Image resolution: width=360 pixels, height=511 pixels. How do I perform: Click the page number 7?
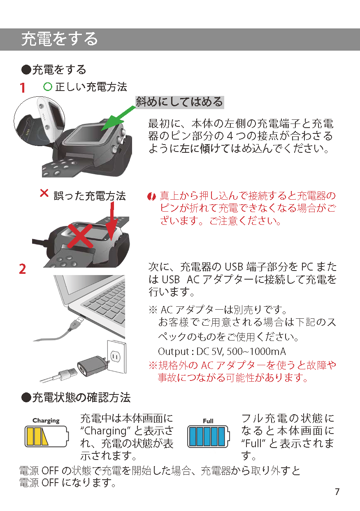pyautogui.click(x=337, y=491)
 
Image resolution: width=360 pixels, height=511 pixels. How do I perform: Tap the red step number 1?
pyautogui.click(x=22, y=88)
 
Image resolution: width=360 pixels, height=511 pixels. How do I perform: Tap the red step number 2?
pyautogui.click(x=22, y=269)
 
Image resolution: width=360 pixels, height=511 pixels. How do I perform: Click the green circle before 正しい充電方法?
pyautogui.click(x=48, y=87)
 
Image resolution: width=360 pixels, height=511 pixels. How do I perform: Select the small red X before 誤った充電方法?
pyautogui.click(x=44, y=193)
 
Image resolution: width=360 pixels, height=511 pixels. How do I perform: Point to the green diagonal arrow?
pyautogui.click(x=118, y=118)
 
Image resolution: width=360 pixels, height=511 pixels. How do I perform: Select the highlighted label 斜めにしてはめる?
pyautogui.click(x=180, y=102)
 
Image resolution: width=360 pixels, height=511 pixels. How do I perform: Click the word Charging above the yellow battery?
pyautogui.click(x=46, y=421)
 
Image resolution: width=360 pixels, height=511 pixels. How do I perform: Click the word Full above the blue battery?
pyautogui.click(x=208, y=421)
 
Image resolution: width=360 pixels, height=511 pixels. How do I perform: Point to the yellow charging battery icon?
pyautogui.click(x=46, y=436)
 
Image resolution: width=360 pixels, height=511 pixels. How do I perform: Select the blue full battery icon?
pyautogui.click(x=208, y=436)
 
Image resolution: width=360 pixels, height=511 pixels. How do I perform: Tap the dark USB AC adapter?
pyautogui.click(x=92, y=366)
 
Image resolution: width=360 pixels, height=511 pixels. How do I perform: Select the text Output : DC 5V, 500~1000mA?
pyautogui.click(x=222, y=352)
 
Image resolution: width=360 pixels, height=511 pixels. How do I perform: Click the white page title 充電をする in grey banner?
pyautogui.click(x=60, y=39)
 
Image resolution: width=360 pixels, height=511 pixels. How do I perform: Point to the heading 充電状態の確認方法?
pyautogui.click(x=76, y=397)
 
